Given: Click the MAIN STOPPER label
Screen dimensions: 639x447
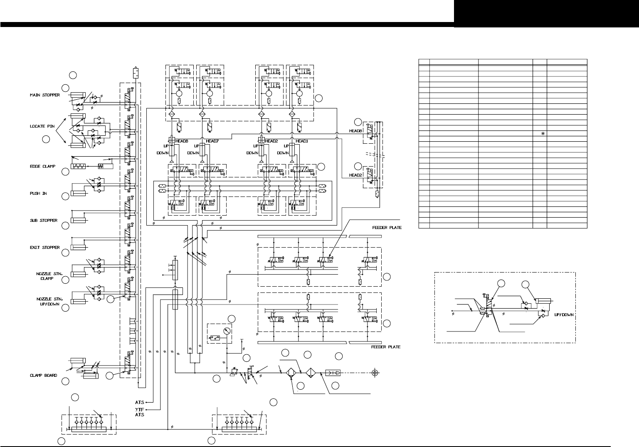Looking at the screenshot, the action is tap(45, 95).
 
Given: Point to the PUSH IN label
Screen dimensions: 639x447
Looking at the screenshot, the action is tap(38, 194).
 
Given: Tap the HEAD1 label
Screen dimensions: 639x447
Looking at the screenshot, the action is tap(302, 141).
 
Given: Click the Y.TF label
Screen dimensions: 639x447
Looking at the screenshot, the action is tap(139, 409).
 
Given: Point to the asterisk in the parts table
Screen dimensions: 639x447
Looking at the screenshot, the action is tap(543, 134).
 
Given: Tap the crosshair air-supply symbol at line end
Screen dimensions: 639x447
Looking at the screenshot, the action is tap(375, 373).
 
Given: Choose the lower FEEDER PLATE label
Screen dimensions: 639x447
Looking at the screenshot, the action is tap(385, 347).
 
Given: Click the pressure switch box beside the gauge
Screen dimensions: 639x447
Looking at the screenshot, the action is tap(215, 338).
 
